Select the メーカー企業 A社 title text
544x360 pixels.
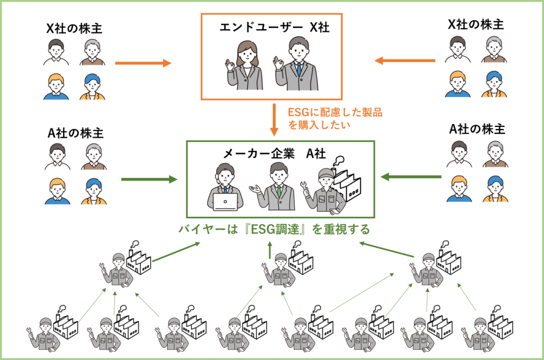pyautogui.click(x=275, y=153)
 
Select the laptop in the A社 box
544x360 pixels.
pyautogui.click(x=225, y=201)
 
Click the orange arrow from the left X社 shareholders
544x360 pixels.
pyautogui.click(x=142, y=63)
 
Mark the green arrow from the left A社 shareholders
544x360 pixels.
pyautogui.click(x=149, y=179)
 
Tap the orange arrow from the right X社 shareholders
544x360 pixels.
pyautogui.click(x=405, y=61)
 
